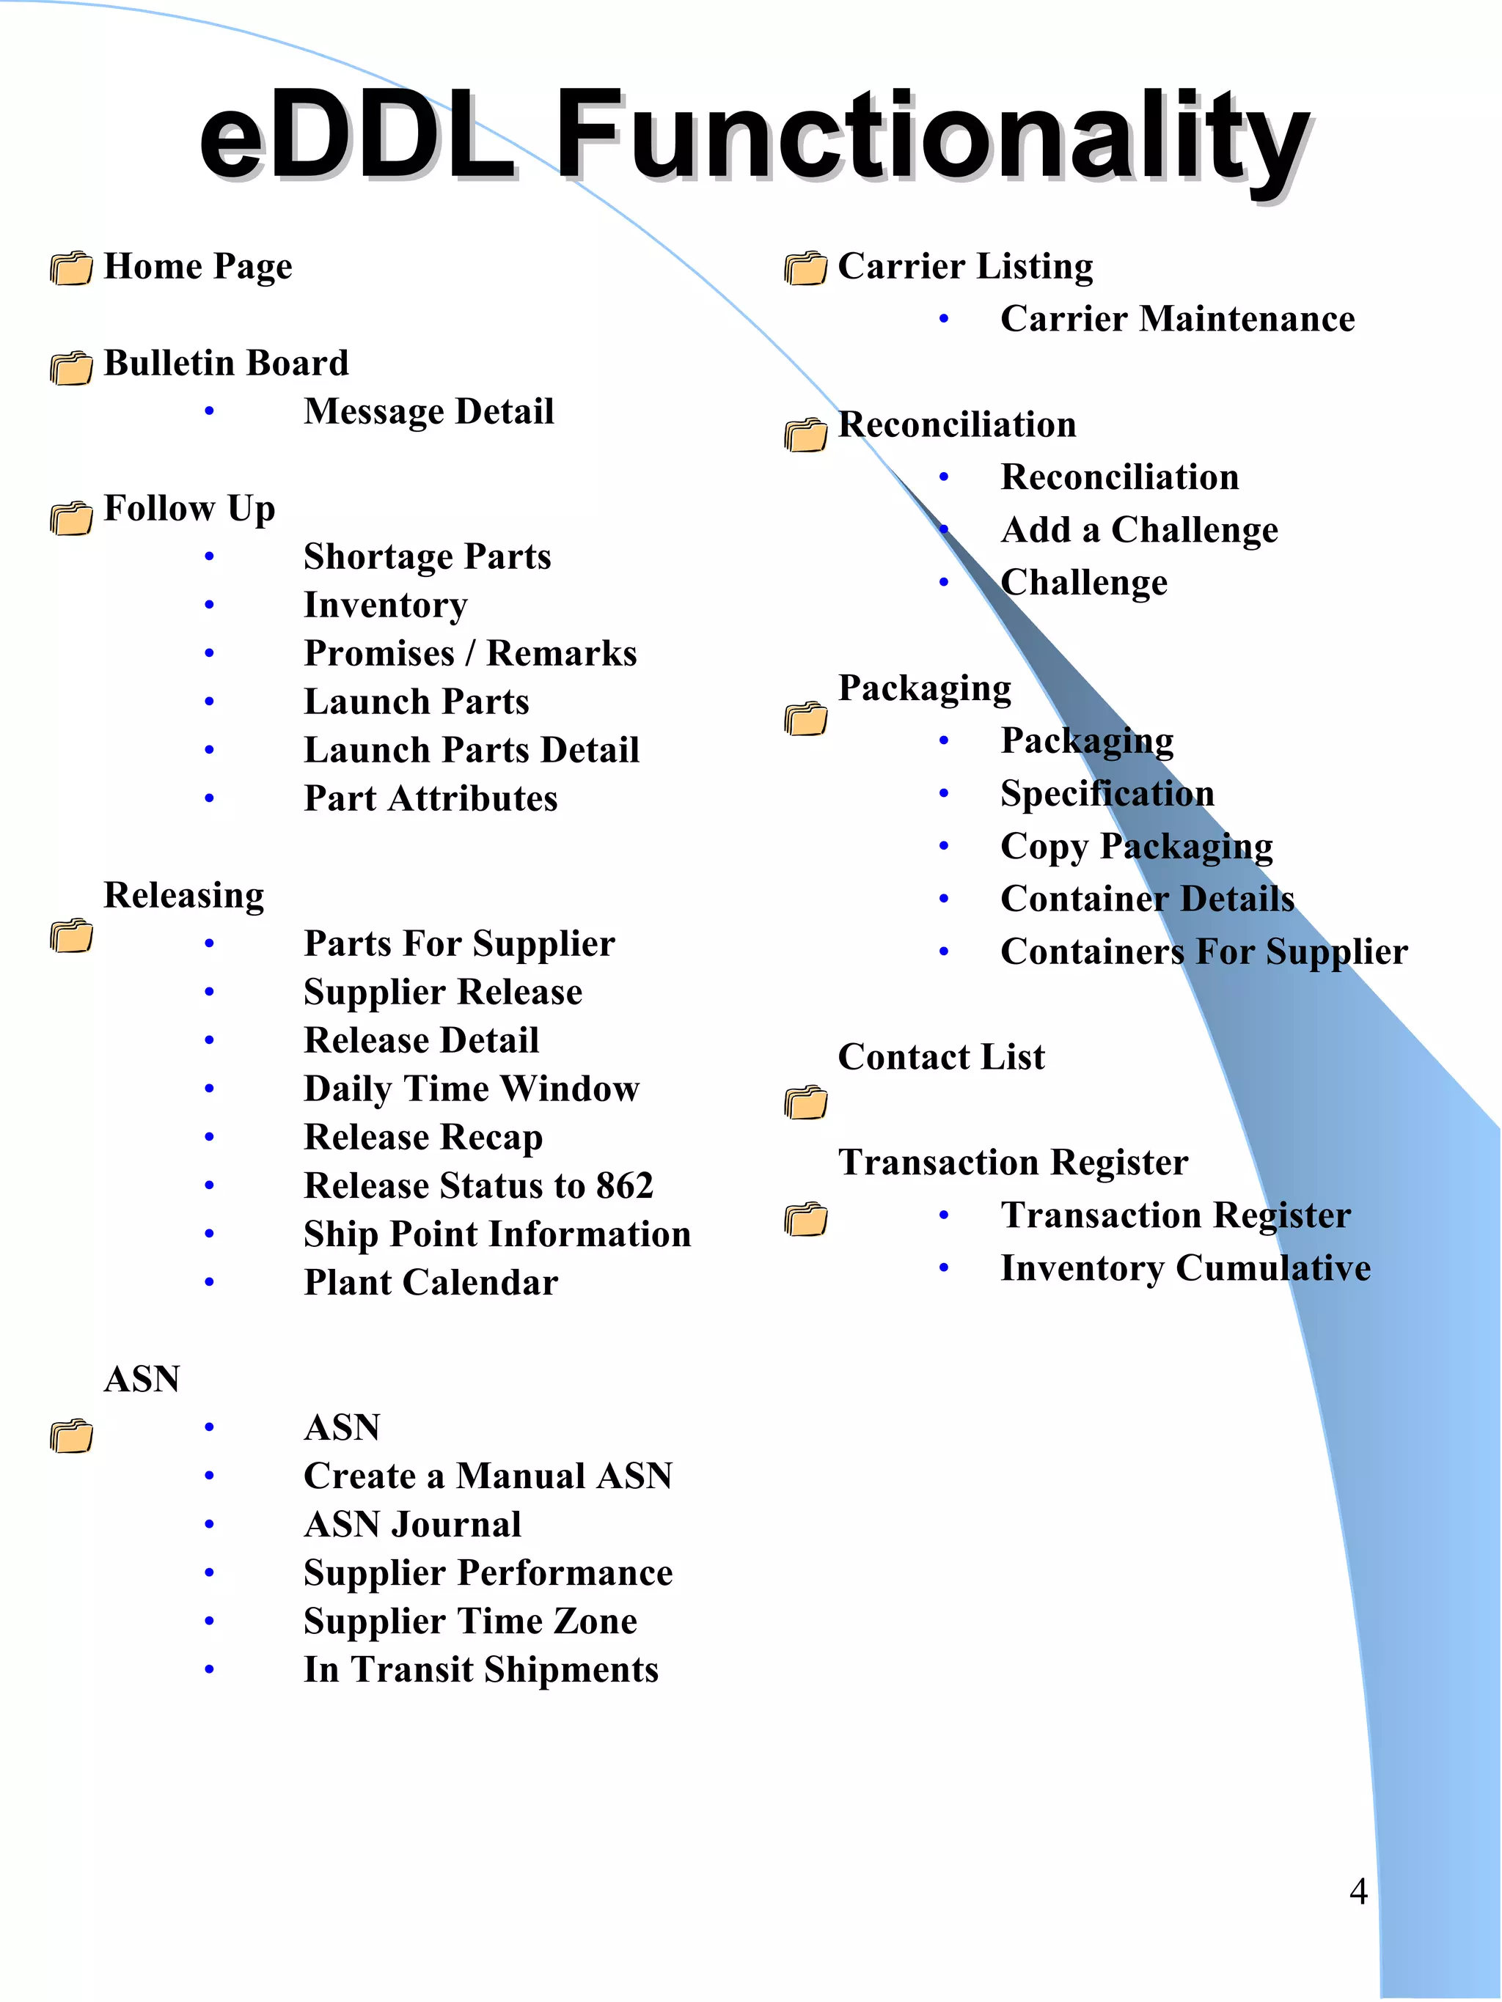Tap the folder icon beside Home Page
tap(72, 269)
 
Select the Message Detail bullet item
tap(428, 412)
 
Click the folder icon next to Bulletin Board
tap(72, 367)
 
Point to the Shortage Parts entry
tap(428, 556)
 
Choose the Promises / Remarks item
tap(470, 653)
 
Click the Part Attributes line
tap(430, 798)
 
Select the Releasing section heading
tap(184, 895)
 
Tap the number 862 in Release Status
tap(624, 1185)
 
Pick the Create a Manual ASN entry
tap(488, 1476)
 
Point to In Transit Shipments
tap(481, 1670)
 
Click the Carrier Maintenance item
tap(1177, 319)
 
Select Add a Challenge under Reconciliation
tap(1139, 530)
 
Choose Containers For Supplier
tap(1204, 952)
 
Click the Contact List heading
tap(941, 1057)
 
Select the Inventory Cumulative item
tap(1185, 1268)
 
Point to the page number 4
tap(1358, 1891)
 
